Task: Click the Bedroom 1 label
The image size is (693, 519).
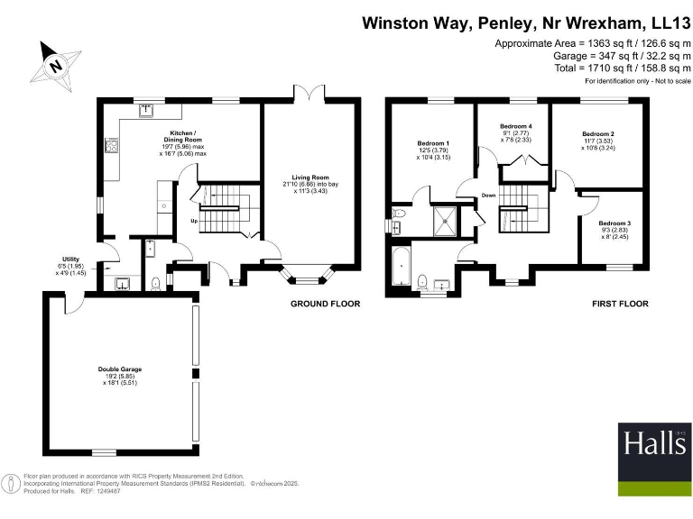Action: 433,150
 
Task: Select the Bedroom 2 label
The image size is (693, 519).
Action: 597,141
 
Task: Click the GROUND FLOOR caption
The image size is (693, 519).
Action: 325,305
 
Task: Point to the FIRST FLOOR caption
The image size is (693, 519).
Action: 620,305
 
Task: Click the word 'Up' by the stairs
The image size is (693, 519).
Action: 193,221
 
